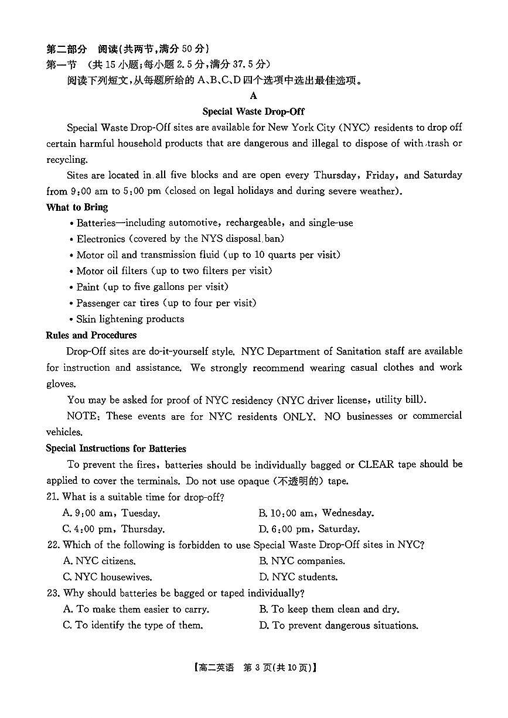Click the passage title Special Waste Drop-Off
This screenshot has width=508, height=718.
tap(253, 111)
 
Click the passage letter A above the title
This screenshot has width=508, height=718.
tap(253, 96)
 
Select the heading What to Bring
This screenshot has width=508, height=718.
tap(77, 207)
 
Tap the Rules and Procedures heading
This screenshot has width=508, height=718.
tap(91, 336)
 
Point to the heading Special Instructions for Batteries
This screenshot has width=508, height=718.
tap(115, 449)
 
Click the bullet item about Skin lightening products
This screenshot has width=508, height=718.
tap(130, 319)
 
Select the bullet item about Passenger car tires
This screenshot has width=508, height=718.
tap(166, 303)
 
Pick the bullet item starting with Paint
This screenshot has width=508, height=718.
tap(152, 287)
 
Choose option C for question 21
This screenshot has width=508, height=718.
tap(114, 529)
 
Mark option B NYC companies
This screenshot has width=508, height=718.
tap(302, 561)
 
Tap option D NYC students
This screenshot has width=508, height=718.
tap(298, 577)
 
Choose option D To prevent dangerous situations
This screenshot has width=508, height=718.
tap(339, 625)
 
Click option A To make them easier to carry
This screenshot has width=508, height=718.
tap(136, 610)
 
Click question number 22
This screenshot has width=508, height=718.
tap(53, 545)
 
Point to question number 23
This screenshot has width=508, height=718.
tap(53, 593)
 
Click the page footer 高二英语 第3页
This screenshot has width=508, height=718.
tap(253, 668)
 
